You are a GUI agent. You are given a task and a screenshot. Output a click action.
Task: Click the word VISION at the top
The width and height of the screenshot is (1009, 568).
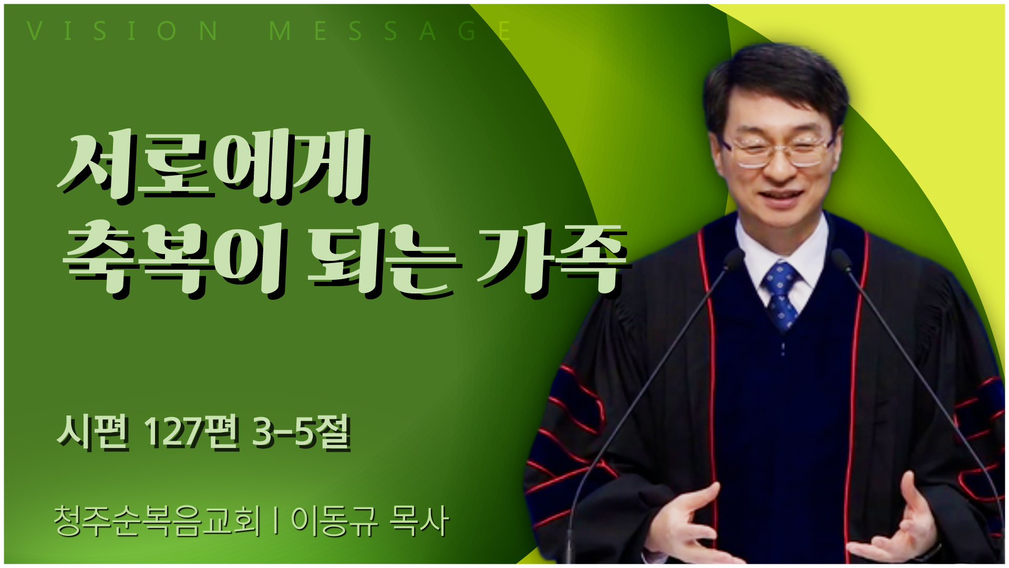[x=122, y=31]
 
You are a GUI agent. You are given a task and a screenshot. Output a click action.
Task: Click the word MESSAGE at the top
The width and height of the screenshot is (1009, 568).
[x=390, y=31]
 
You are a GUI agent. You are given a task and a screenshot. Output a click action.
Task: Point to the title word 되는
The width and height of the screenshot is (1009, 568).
[x=384, y=259]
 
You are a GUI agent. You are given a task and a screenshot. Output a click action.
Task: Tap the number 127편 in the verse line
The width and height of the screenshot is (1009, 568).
[x=192, y=432]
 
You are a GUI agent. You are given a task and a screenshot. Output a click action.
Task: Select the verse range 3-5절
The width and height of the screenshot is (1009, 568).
[x=302, y=432]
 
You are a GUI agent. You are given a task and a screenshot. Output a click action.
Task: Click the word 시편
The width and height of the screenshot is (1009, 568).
[x=93, y=432]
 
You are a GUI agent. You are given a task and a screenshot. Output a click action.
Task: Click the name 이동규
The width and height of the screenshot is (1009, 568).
[x=334, y=521]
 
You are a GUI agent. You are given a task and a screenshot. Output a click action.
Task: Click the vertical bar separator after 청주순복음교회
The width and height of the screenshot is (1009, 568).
[x=276, y=521]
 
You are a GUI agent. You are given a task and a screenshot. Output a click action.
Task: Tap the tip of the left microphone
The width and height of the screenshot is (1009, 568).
[x=734, y=258]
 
